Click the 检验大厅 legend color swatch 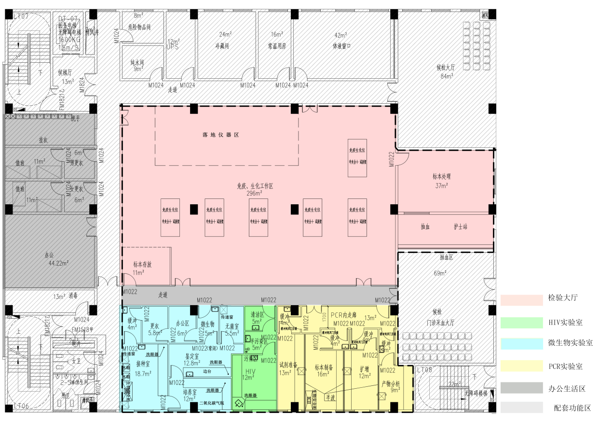[x=521, y=300]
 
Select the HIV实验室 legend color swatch [x=521, y=323]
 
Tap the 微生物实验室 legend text [x=571, y=342]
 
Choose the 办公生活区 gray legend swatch [x=521, y=388]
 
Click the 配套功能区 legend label [x=572, y=408]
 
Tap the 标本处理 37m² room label [x=441, y=181]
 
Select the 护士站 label [x=460, y=226]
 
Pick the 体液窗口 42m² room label [x=341, y=41]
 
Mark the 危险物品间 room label [x=139, y=28]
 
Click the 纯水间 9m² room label [x=137, y=66]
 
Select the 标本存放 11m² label [x=142, y=269]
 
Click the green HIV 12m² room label [x=250, y=374]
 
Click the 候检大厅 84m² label [x=446, y=71]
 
